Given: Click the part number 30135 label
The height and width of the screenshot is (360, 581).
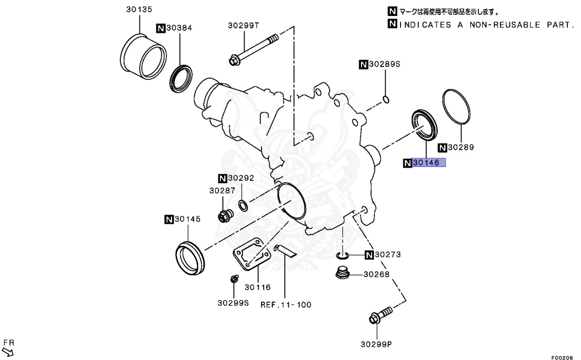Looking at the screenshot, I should pyautogui.click(x=139, y=9).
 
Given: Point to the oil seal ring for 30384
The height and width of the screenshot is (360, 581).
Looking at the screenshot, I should pyautogui.click(x=180, y=78).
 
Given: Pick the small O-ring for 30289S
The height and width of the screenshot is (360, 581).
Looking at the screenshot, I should pyautogui.click(x=385, y=100).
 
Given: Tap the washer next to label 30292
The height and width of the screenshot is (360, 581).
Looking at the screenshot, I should pyautogui.click(x=242, y=204).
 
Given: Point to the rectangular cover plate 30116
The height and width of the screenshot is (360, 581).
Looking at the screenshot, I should pyautogui.click(x=250, y=253).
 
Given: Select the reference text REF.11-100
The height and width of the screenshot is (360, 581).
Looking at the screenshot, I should pyautogui.click(x=286, y=304).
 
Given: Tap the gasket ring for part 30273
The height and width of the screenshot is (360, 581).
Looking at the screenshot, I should pyautogui.click(x=342, y=254).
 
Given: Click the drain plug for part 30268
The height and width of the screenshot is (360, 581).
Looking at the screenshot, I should pyautogui.click(x=342, y=273).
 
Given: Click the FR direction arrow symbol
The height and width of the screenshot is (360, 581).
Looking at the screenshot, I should pyautogui.click(x=8, y=351).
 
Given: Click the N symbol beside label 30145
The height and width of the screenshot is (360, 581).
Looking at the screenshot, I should pyautogui.click(x=169, y=219).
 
